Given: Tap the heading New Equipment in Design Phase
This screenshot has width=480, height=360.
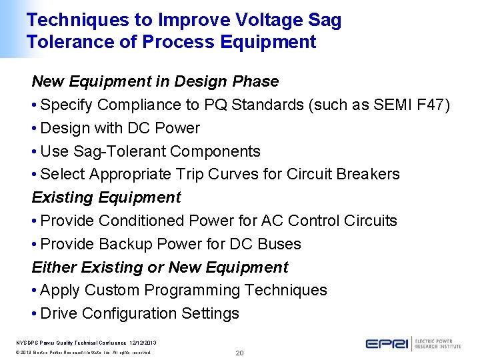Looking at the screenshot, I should pyautogui.click(x=155, y=81).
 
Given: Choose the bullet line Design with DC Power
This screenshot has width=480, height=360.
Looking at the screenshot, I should pyautogui.click(x=120, y=128).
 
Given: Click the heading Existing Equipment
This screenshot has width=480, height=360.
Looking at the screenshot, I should pyautogui.click(x=107, y=197).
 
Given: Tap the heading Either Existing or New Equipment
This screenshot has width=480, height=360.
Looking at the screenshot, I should pyautogui.click(x=160, y=267).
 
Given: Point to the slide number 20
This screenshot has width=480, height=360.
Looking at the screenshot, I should pyautogui.click(x=240, y=352).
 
